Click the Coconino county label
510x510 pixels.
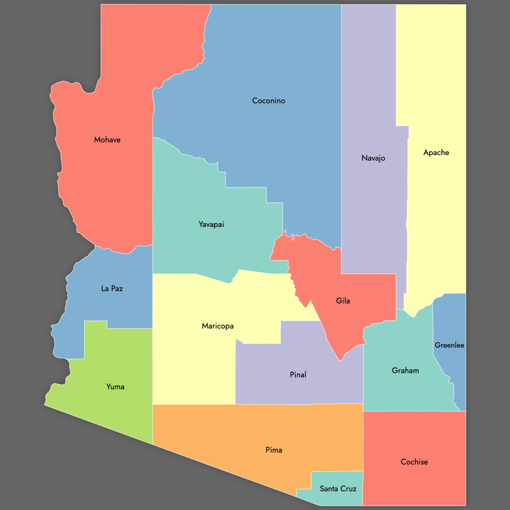point(269,101)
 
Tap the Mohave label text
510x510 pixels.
point(107,140)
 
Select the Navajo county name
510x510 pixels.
point(373,158)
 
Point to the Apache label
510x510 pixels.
point(436,153)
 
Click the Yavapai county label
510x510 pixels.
point(211,224)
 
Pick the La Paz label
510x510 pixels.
point(112,289)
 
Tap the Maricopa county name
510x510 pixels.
point(218,326)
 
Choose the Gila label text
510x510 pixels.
point(343,301)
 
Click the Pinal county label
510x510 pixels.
point(298,375)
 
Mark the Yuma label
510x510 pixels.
point(115,387)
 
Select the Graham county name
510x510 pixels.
point(405,371)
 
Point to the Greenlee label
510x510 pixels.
point(449,345)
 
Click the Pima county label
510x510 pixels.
point(274,450)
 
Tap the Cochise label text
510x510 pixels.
point(414,462)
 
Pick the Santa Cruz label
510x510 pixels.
point(338,489)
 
